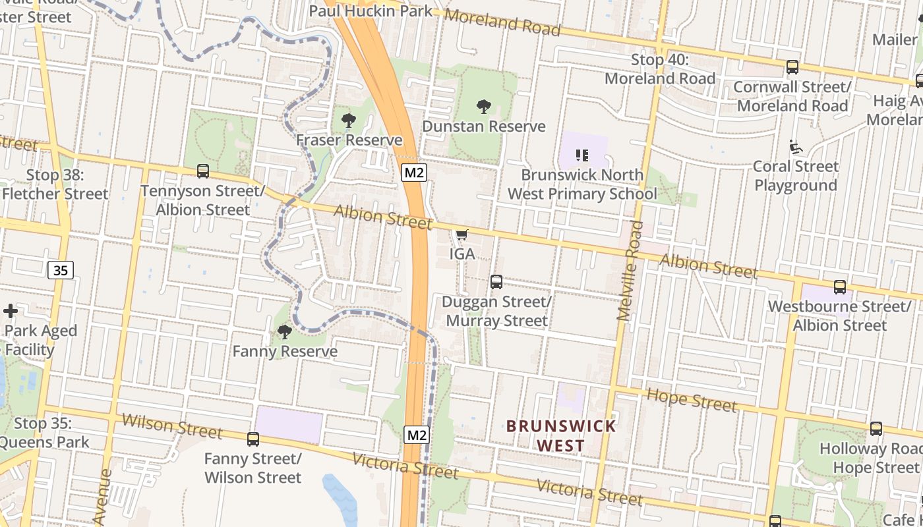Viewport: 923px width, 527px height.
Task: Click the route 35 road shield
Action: click(x=61, y=270)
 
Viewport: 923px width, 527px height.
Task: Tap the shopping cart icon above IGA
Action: click(x=462, y=235)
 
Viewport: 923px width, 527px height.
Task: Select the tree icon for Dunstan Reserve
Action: click(x=484, y=106)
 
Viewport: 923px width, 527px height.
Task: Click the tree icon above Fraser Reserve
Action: click(x=349, y=121)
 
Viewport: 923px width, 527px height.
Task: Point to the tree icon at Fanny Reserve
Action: click(x=285, y=331)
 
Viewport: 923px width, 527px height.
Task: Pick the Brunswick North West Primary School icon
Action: click(x=582, y=155)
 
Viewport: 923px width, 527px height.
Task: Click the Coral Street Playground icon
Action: click(x=796, y=147)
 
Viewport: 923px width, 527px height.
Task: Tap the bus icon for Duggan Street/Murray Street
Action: click(x=496, y=282)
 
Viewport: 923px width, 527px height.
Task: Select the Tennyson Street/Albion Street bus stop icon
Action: click(x=203, y=171)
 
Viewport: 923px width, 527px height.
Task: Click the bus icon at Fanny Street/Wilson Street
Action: click(x=253, y=439)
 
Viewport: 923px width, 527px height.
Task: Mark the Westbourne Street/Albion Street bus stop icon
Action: click(x=840, y=287)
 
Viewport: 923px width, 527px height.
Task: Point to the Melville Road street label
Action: click(x=630, y=271)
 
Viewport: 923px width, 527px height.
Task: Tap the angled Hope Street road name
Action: click(x=692, y=400)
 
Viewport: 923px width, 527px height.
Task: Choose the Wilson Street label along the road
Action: click(x=172, y=426)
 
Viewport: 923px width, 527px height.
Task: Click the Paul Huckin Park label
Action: click(x=371, y=11)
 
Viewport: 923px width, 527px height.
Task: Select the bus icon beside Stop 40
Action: click(x=792, y=67)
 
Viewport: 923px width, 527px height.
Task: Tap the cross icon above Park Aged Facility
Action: click(x=11, y=311)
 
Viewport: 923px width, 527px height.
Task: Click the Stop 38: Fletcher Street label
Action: click(x=55, y=184)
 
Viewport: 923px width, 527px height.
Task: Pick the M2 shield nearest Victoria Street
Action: click(x=417, y=435)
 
